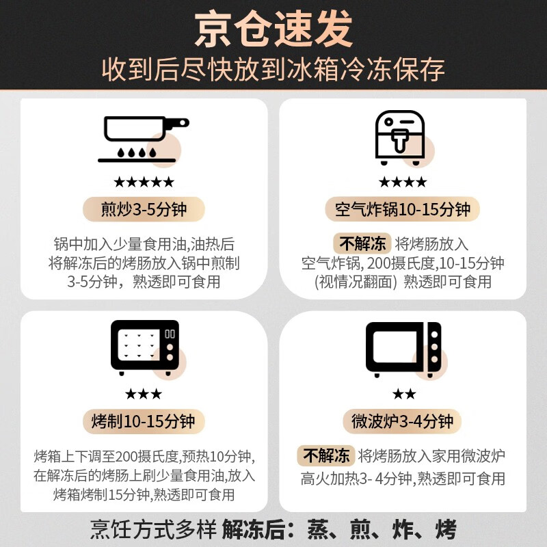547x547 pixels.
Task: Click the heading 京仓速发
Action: pyautogui.click(x=273, y=30)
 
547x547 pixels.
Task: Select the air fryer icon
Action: pyautogui.click(x=401, y=137)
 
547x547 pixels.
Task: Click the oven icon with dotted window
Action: pyautogui.click(x=144, y=347)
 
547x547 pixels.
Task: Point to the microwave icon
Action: pyautogui.click(x=403, y=348)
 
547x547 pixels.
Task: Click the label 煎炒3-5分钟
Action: pyautogui.click(x=144, y=209)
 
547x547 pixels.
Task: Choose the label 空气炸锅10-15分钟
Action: pyautogui.click(x=403, y=209)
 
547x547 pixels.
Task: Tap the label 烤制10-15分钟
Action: pyautogui.click(x=144, y=421)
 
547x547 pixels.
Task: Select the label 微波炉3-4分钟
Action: pyautogui.click(x=403, y=421)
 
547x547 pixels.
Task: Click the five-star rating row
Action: pyautogui.click(x=144, y=182)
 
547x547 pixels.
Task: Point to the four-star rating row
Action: pyautogui.click(x=403, y=182)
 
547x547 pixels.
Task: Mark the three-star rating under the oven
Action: pyautogui.click(x=144, y=394)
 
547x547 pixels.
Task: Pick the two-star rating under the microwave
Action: pyautogui.click(x=403, y=394)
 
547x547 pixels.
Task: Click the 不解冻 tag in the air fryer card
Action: pyautogui.click(x=361, y=243)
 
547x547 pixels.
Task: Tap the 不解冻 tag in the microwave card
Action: pyautogui.click(x=326, y=455)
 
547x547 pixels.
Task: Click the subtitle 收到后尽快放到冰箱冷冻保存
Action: pyautogui.click(x=273, y=70)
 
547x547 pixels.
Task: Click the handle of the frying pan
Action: pyautogui.click(x=177, y=123)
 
